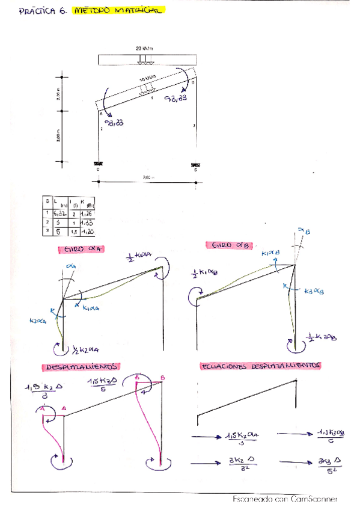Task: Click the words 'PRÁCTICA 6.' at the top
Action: pyautogui.click(x=42, y=11)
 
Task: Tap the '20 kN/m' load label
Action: pyautogui.click(x=144, y=48)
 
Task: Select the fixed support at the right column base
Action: pyautogui.click(x=195, y=163)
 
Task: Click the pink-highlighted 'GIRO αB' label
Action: pyautogui.click(x=227, y=245)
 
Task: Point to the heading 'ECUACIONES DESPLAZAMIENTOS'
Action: pyautogui.click(x=260, y=366)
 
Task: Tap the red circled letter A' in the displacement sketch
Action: pyautogui.click(x=43, y=408)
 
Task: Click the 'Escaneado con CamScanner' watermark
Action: pyautogui.click(x=285, y=499)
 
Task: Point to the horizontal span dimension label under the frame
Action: pyautogui.click(x=148, y=177)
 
